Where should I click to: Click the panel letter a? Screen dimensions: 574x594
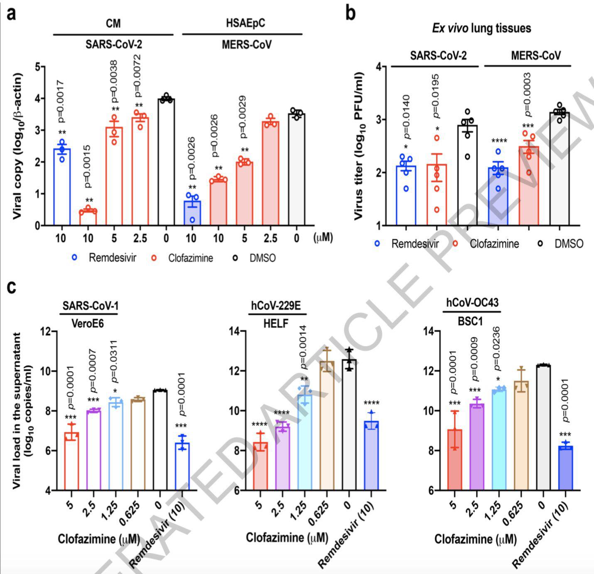tap(12, 13)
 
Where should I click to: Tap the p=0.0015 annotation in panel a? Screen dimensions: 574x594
tap(88, 166)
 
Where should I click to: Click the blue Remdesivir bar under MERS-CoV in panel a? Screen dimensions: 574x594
tap(191, 213)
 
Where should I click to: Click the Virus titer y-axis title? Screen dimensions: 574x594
tap(359, 145)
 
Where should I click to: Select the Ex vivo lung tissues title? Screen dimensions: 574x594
tap(481, 28)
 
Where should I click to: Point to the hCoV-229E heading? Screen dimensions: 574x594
tap(276, 306)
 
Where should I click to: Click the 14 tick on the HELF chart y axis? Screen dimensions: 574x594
tap(236, 331)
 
